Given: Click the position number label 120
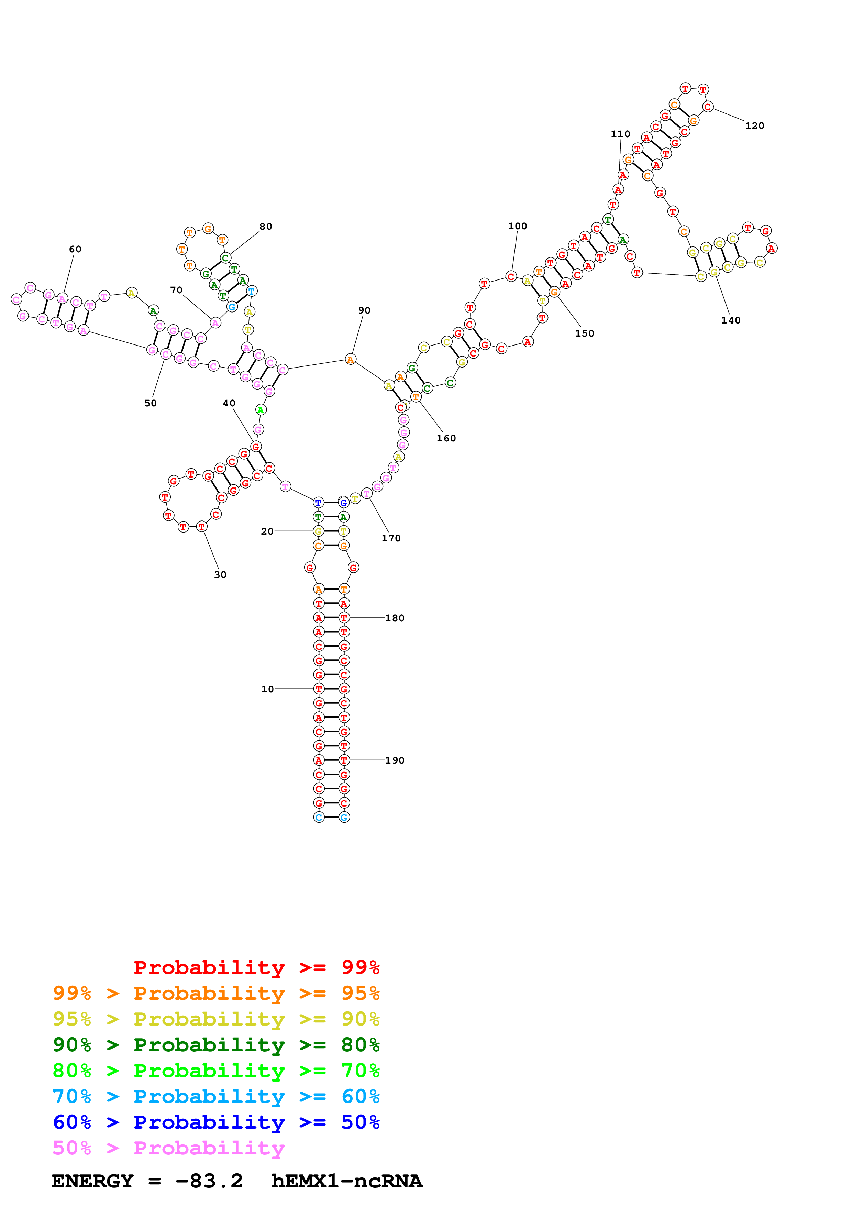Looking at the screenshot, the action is [x=754, y=125].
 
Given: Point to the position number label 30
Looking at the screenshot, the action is [x=220, y=574].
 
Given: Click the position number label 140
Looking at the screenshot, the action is [x=730, y=320].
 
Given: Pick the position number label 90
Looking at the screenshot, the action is [x=364, y=310].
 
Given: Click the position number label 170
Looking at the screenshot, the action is [x=391, y=538].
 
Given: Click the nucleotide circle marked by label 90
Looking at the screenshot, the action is [x=350, y=359].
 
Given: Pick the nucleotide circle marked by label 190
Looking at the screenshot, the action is [x=344, y=760].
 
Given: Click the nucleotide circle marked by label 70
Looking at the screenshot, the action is [x=215, y=323].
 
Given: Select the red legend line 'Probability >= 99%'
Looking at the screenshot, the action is [x=256, y=967].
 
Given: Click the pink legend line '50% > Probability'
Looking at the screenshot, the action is [x=168, y=1148].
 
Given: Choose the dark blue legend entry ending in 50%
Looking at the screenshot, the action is [x=216, y=1122].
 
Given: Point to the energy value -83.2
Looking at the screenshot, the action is [x=209, y=1181].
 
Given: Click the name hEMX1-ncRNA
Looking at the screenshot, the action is [x=346, y=1181].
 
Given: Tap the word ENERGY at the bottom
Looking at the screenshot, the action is [x=92, y=1181].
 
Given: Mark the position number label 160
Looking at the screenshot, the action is [x=446, y=438].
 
